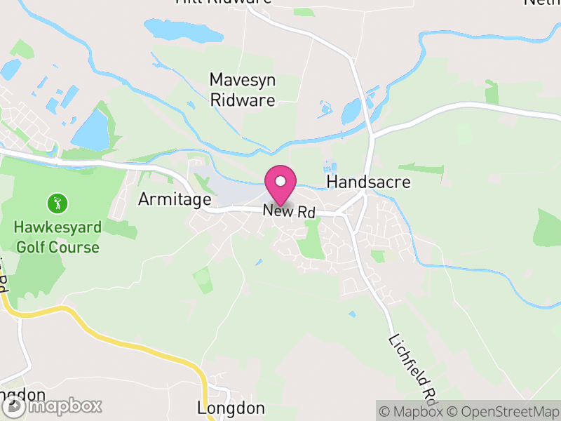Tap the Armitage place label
pyautogui.click(x=174, y=199)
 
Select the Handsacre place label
pyautogui.click(x=369, y=182)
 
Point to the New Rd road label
pyautogui.click(x=290, y=210)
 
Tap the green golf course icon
pyautogui.click(x=57, y=203)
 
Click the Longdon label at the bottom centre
pyautogui.click(x=231, y=408)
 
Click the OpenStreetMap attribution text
pyautogui.click(x=505, y=412)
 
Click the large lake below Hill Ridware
pyautogui.click(x=184, y=29)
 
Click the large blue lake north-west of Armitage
pyautogui.click(x=91, y=131)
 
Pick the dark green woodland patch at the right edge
pyautogui.click(x=549, y=227)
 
